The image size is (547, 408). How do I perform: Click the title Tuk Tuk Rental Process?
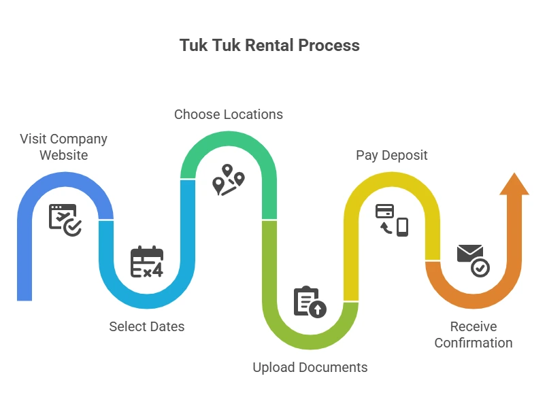[269, 46]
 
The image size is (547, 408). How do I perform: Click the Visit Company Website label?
[63, 147]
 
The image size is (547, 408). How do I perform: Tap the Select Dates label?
[146, 326]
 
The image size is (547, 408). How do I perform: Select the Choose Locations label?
[228, 114]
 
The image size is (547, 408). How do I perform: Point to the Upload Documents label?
[310, 367]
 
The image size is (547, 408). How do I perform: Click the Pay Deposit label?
[391, 155]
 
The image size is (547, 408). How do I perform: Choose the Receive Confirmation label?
[473, 335]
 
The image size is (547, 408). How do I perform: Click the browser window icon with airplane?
[65, 220]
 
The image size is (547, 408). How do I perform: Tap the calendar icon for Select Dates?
[147, 262]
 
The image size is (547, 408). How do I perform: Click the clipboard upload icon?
[310, 303]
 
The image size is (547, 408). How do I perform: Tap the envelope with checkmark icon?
[473, 260]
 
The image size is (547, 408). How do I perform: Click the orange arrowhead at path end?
[514, 185]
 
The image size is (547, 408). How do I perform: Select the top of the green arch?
[228, 138]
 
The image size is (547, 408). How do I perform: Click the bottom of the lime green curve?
[310, 341]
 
